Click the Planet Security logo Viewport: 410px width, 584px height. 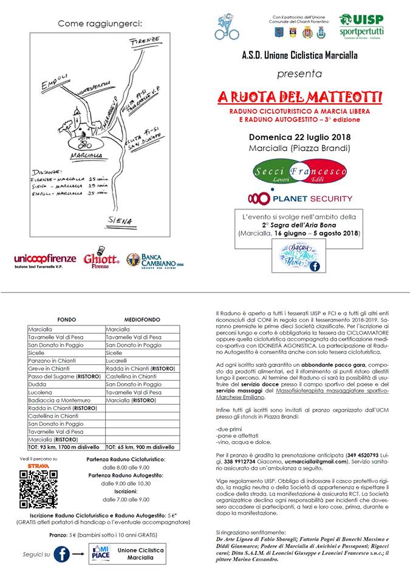coord(299,198)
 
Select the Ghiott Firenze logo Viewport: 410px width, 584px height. coord(101,258)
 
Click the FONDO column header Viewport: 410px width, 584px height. coord(66,319)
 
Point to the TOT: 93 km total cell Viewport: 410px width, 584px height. coord(66,447)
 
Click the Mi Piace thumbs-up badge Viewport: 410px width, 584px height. coord(95,554)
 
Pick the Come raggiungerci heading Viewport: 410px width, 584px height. coord(100,24)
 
